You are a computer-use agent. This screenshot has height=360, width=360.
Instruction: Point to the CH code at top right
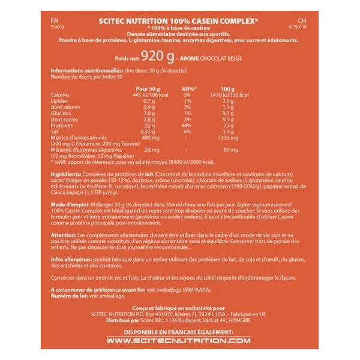click(x=301, y=20)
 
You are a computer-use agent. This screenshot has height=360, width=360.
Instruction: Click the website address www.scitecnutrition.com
click(x=179, y=341)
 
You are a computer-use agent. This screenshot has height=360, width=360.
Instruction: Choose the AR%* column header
click(x=187, y=88)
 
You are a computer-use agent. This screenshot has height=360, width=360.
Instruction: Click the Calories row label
click(x=61, y=94)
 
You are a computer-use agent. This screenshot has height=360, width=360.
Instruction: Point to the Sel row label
click(x=55, y=132)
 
